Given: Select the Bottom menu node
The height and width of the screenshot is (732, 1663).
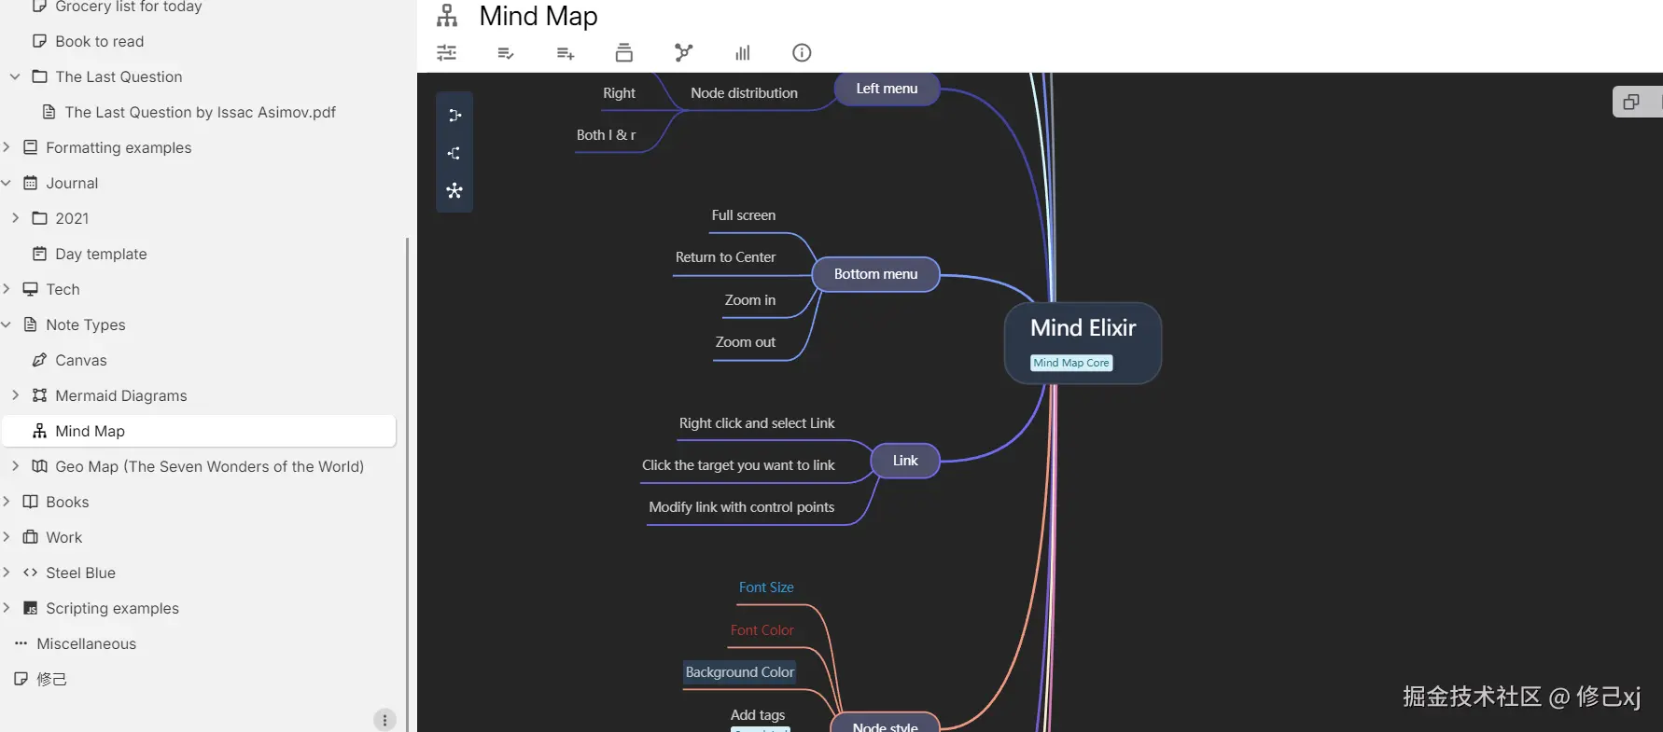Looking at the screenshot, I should point(875,274).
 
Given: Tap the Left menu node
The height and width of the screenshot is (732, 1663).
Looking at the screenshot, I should point(887,89).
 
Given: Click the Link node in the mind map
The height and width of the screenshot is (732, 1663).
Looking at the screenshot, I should point(905,461).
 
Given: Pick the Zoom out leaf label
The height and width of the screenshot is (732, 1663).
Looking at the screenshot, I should point(745,342).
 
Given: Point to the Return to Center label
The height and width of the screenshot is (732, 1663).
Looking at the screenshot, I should point(725,257).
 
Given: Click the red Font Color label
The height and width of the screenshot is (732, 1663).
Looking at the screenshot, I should point(762,630).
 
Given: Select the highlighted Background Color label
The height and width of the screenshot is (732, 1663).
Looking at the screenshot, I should point(739,672).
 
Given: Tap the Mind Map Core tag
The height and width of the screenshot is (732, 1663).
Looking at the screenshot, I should point(1071,363).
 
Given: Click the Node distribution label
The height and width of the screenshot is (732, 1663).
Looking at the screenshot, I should point(744,93).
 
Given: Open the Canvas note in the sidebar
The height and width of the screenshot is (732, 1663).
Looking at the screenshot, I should point(81,360).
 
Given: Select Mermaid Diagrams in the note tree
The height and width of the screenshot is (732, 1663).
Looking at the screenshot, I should point(120,395).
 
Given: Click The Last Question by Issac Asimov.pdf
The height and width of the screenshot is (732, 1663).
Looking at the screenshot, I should point(200,112).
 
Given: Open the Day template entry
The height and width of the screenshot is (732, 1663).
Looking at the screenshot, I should point(101,254).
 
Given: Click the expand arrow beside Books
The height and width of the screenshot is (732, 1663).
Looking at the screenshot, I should point(7,502).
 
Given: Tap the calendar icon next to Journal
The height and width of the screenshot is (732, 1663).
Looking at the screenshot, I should point(31,183).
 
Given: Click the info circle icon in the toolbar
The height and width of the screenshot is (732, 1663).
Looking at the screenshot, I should point(802,53).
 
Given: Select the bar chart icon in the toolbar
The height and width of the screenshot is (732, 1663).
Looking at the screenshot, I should point(743,53).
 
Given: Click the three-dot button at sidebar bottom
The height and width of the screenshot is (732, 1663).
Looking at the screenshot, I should point(384,720).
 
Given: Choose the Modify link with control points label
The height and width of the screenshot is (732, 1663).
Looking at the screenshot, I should point(741,507).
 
